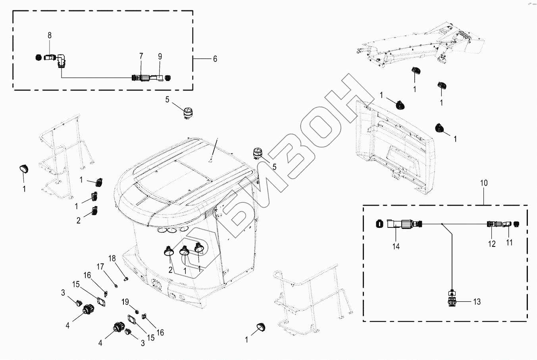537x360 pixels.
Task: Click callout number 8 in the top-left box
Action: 50,35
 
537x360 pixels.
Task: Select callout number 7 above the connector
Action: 141,56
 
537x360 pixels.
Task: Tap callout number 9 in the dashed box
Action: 160,56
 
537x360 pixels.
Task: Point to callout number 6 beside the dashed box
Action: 215,59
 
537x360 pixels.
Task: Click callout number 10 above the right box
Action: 484,183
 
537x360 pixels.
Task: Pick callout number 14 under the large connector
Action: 396,246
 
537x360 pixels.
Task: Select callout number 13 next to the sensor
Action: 477,302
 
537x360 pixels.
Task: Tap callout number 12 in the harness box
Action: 492,244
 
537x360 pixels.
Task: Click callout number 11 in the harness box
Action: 509,243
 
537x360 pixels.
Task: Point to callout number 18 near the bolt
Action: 112,258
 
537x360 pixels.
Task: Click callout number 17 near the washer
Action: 101,266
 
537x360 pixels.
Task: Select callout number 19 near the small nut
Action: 125,302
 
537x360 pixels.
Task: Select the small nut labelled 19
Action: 137,310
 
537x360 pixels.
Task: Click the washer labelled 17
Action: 115,284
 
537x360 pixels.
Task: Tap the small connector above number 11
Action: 507,225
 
